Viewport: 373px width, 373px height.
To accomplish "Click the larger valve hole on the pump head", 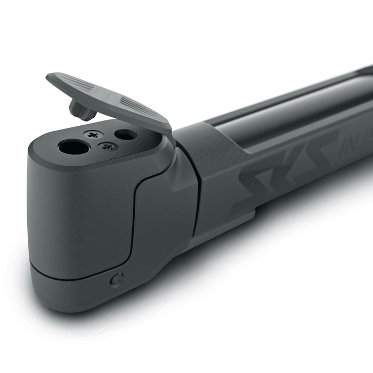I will click(74, 147).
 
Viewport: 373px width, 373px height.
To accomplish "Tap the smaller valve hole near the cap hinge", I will click(126, 135).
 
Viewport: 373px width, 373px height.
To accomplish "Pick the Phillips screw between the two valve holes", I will click(110, 146).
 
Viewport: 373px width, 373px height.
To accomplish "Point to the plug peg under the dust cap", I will click(79, 110).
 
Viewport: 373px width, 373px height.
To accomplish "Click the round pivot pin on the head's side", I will click(116, 279).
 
